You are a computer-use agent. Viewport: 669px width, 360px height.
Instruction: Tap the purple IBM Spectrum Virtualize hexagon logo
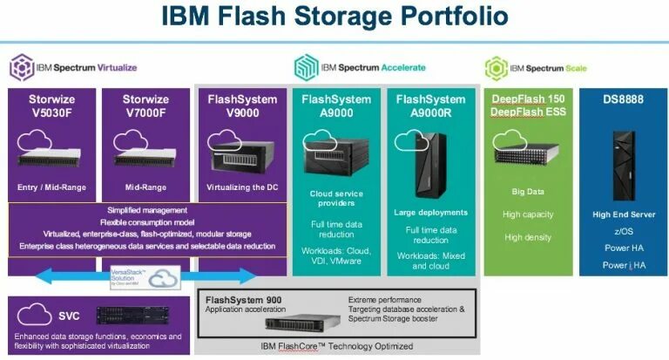tap(21, 67)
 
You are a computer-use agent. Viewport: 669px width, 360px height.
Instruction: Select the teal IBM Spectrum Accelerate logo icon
tap(306, 67)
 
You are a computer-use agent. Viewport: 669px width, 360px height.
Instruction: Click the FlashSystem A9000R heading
tap(430, 106)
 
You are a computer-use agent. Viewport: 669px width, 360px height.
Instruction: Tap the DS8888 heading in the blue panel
tap(622, 99)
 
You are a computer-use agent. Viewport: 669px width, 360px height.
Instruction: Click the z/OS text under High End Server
tap(622, 230)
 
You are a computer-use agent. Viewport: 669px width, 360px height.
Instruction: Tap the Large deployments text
tap(430, 211)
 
